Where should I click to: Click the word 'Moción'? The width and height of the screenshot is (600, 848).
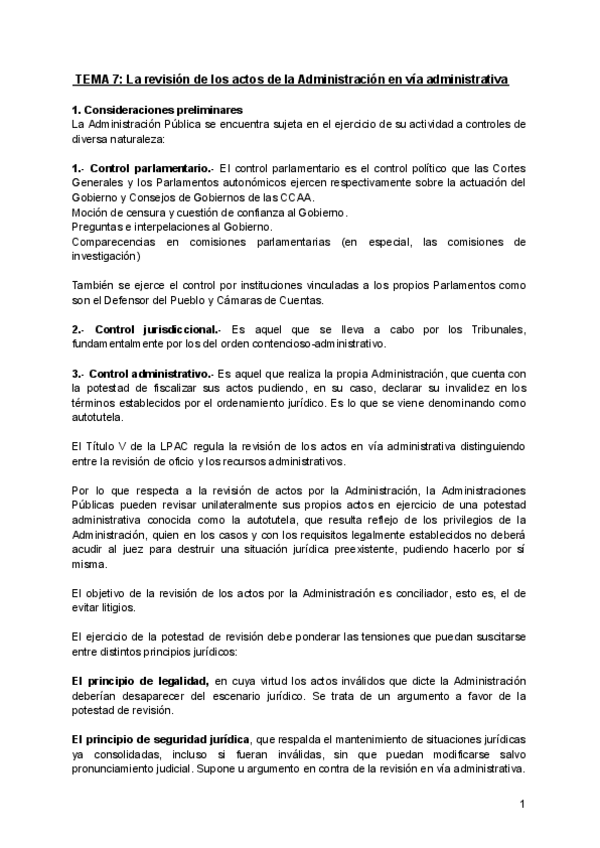91,213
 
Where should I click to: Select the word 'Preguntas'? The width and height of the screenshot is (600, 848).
98,227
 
